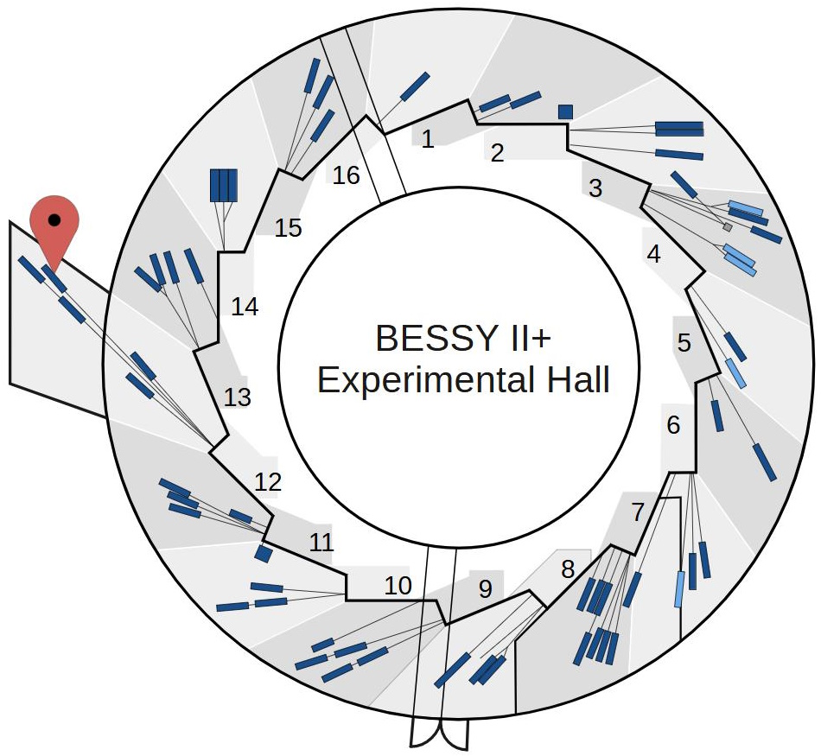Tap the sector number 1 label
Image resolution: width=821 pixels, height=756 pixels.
[x=428, y=139]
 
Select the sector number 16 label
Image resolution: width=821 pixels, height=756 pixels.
[x=346, y=175]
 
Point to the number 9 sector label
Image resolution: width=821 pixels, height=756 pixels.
[x=485, y=589]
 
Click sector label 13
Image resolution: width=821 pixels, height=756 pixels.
[x=237, y=397]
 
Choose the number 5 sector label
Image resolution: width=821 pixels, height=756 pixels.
[x=684, y=343]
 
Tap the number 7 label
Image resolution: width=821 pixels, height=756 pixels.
[x=638, y=512]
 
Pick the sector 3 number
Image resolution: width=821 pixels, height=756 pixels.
[x=595, y=188]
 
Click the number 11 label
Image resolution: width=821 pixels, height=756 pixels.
[x=321, y=543]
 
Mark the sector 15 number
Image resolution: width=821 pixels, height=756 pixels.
[x=288, y=228]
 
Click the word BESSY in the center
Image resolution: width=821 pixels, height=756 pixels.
[x=426, y=338]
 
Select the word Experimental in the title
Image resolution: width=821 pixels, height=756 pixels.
[x=420, y=380]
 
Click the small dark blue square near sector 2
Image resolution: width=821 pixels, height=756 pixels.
[x=566, y=111]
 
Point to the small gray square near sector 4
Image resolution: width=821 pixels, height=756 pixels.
[x=728, y=227]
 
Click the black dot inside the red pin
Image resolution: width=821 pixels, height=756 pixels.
[x=54, y=220]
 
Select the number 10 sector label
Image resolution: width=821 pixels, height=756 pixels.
[x=398, y=586]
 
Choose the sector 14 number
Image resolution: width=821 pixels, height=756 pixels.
[x=245, y=306]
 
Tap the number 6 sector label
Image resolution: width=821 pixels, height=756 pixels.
[x=674, y=425]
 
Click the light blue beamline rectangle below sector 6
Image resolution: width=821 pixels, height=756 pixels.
[x=680, y=588]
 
